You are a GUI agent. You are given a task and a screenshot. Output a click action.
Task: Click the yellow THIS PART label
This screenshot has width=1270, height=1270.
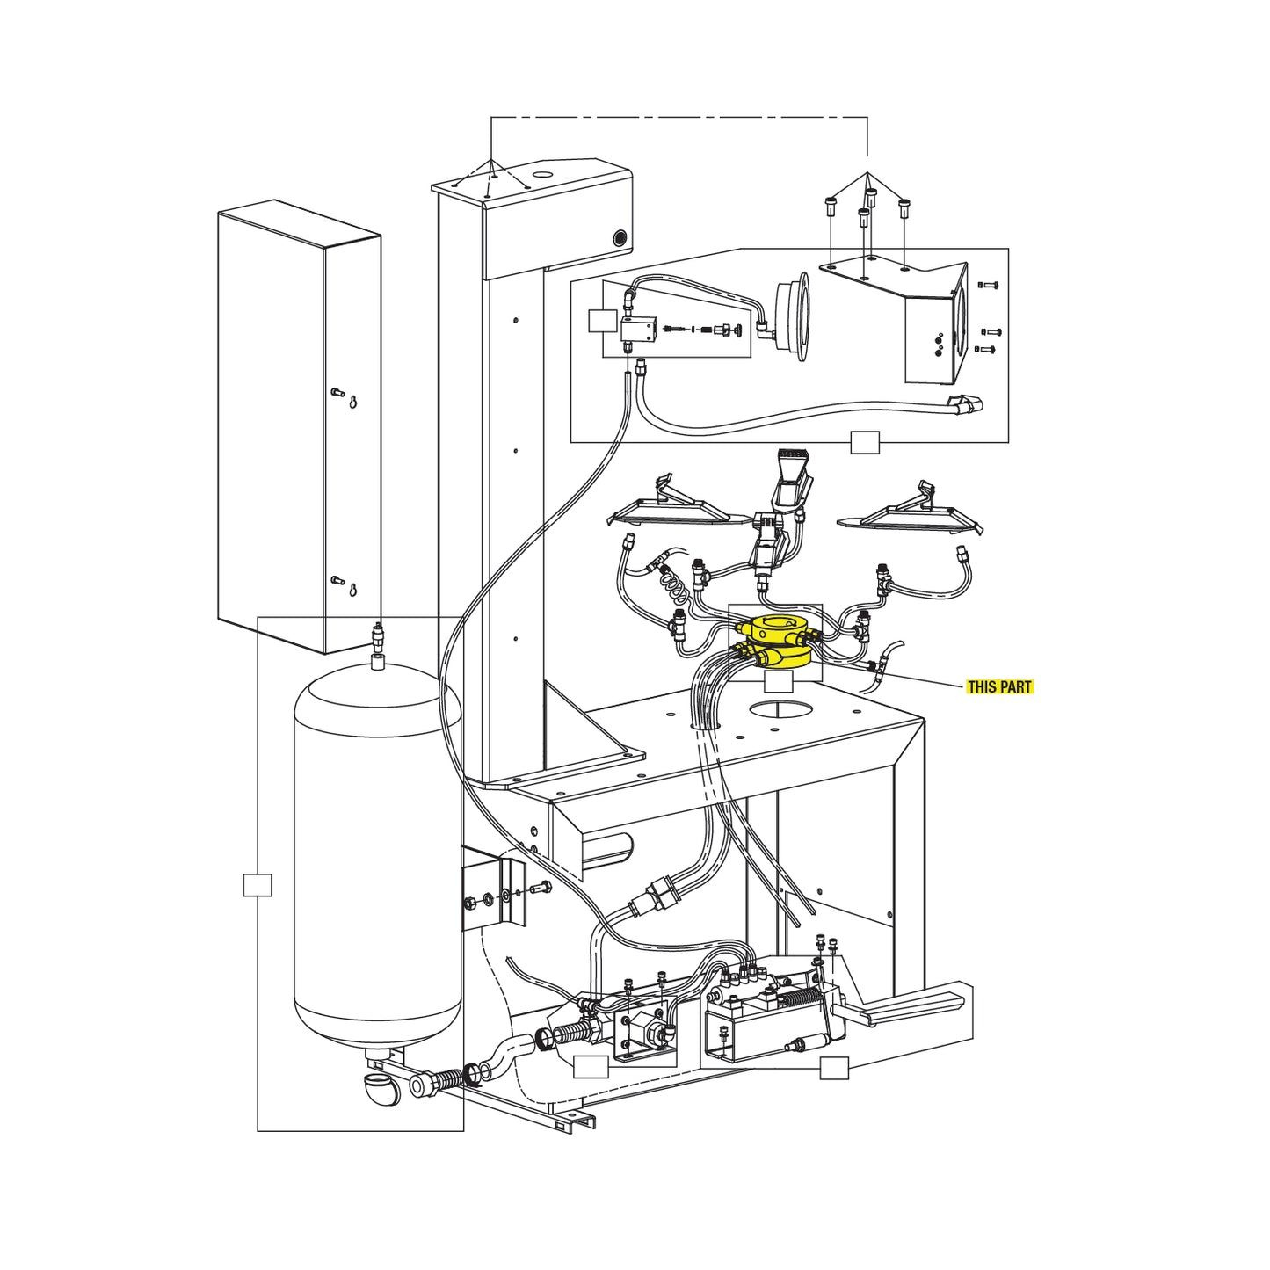click(x=999, y=686)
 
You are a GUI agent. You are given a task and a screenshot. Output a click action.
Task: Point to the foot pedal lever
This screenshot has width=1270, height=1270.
click(x=914, y=1005)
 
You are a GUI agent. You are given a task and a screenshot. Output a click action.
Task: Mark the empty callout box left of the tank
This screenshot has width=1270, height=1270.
click(x=257, y=885)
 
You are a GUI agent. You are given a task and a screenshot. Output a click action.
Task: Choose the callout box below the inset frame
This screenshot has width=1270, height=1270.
click(x=865, y=443)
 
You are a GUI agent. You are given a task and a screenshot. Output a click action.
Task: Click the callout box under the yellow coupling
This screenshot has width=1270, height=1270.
click(x=778, y=681)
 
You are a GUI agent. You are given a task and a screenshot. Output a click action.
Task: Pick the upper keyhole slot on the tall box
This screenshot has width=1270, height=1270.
click(x=352, y=403)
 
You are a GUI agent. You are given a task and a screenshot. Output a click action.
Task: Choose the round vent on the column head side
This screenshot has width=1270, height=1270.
click(x=620, y=238)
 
